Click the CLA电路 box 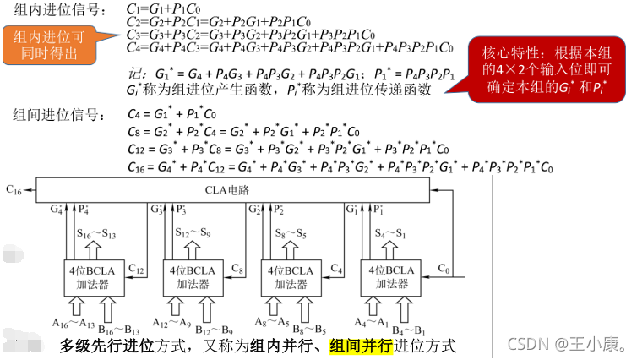pos(254,192)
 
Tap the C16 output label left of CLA pos(14,192)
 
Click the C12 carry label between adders pos(138,268)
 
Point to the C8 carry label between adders pos(238,268)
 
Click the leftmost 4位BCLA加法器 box pos(89,276)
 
